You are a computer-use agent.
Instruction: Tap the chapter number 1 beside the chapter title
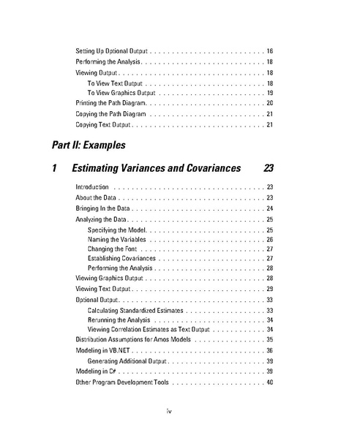pos(56,169)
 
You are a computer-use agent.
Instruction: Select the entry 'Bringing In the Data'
pos(102,208)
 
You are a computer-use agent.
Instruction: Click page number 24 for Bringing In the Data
pos(269,208)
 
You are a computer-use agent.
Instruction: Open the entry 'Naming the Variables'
pos(117,239)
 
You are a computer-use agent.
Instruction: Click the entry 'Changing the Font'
pos(113,249)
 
